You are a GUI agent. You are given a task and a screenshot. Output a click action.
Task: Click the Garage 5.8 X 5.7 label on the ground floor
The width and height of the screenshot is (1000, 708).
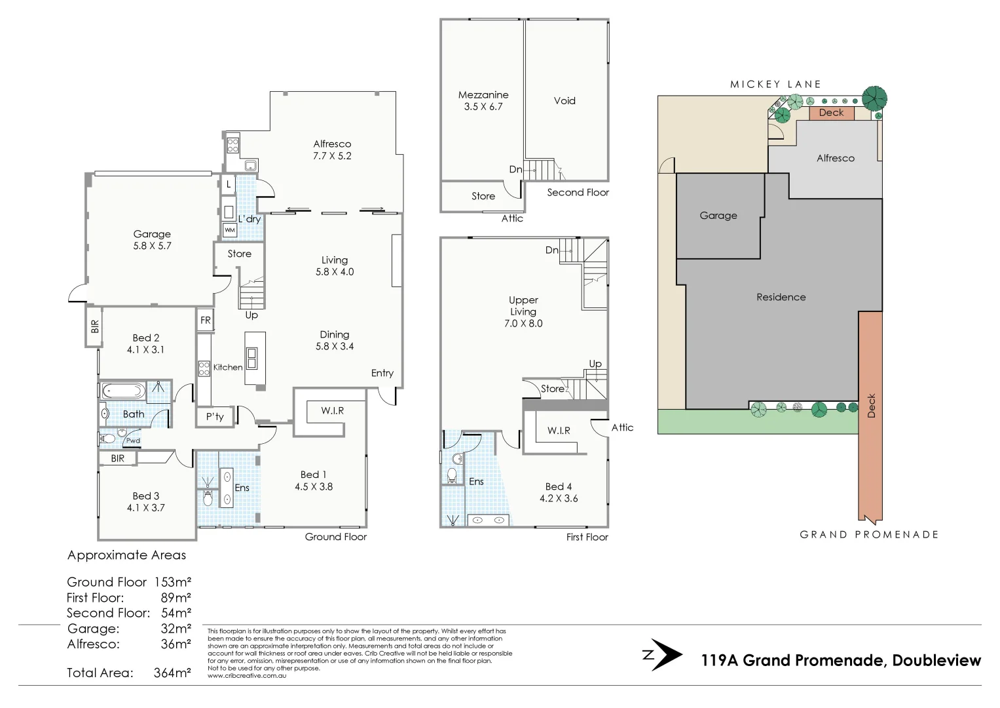click(152, 240)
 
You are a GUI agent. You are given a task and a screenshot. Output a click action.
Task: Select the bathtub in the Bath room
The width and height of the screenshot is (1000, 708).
click(122, 391)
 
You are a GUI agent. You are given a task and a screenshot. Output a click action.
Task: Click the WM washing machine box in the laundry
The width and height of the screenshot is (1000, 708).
click(229, 230)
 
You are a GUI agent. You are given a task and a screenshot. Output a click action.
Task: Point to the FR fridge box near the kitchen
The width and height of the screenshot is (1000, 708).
click(206, 321)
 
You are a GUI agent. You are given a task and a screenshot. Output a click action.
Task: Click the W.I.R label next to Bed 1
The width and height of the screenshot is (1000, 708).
click(332, 410)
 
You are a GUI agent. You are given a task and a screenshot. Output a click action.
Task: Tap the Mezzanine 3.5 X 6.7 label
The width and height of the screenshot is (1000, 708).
click(483, 100)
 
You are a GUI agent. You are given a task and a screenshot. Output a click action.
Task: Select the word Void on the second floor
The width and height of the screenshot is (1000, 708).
click(564, 100)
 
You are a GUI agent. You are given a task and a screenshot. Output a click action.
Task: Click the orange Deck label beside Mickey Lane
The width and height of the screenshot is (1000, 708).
click(831, 113)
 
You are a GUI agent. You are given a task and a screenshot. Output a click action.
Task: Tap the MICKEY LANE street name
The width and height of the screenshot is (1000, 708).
click(775, 84)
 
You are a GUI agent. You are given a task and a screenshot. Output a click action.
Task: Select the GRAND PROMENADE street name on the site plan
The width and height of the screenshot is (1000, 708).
click(869, 534)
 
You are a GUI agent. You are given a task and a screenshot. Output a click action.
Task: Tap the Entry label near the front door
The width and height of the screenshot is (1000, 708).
click(382, 373)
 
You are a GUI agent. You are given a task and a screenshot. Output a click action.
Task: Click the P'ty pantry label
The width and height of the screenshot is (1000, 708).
click(215, 416)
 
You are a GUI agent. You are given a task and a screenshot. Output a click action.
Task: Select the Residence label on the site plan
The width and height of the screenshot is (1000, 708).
click(781, 297)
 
